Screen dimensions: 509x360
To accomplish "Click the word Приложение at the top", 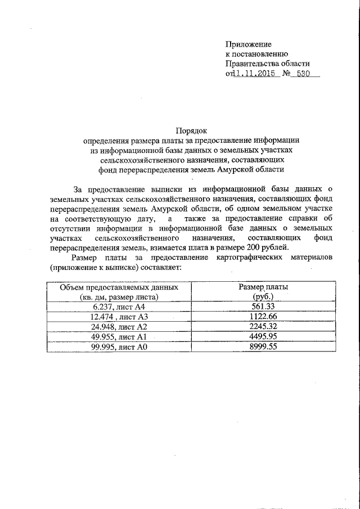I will click(x=248, y=44).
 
